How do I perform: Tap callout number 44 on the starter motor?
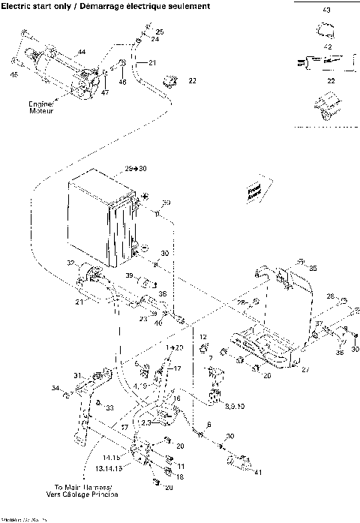click(81, 51)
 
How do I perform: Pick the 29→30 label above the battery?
click(136, 168)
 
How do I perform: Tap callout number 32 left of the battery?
click(71, 263)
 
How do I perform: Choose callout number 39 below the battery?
click(129, 276)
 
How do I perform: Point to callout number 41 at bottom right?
click(259, 471)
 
